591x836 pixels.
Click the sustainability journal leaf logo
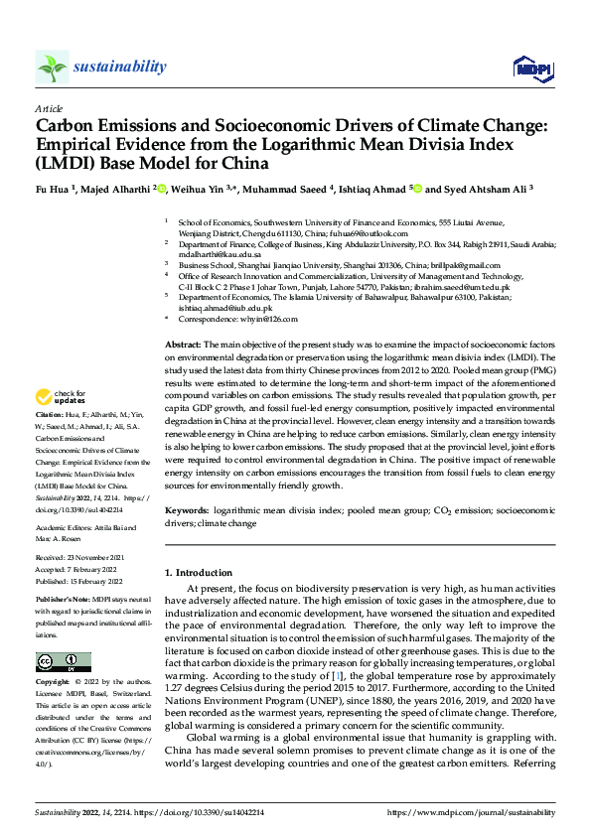pos(53,67)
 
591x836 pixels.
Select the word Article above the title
pos(49,108)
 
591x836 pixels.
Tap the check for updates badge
pos(63,396)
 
